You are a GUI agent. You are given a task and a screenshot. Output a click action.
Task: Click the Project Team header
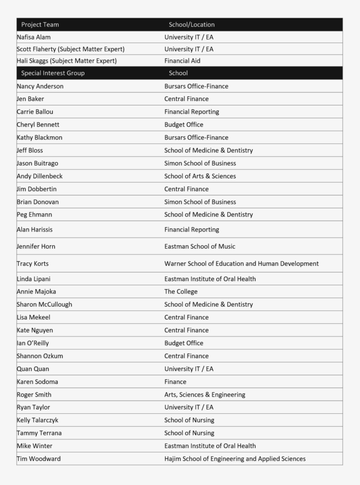[40, 25]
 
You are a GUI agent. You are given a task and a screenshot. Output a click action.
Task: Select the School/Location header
[191, 25]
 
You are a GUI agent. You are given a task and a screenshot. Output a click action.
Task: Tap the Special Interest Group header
[53, 73]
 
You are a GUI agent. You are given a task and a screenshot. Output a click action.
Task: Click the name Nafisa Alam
[34, 37]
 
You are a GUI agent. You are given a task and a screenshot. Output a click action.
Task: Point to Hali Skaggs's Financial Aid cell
[182, 61]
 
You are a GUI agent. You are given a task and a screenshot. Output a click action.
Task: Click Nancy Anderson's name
[40, 86]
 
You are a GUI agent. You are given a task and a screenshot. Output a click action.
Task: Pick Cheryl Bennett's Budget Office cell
[184, 125]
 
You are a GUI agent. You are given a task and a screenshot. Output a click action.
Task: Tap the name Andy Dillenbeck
[40, 176]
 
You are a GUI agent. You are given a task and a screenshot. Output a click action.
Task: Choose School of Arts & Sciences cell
[200, 176]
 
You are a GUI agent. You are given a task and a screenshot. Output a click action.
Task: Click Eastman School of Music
[200, 246]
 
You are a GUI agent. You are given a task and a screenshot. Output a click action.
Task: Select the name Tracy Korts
[32, 264]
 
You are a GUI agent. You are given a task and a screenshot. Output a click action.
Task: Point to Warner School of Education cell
[241, 264]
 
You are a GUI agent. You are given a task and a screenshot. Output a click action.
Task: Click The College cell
[181, 292]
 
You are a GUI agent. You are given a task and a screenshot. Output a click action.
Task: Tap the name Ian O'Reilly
[33, 343]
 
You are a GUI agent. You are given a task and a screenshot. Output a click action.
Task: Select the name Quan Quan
[33, 369]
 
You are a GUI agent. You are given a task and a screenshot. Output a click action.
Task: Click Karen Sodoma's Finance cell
[175, 382]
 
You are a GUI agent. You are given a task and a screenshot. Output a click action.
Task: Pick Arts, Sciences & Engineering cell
[205, 395]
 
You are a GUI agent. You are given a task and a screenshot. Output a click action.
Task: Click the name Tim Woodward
[39, 459]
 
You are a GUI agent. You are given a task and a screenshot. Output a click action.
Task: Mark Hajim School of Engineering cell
[235, 459]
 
